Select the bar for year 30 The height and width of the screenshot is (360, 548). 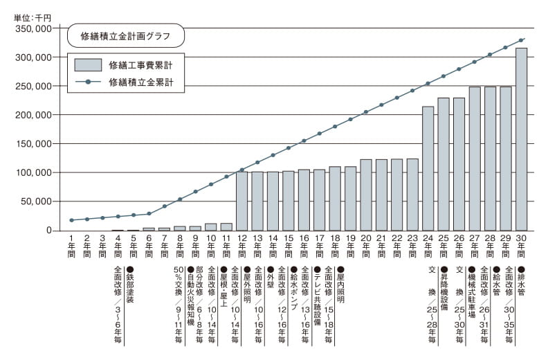tap(522, 138)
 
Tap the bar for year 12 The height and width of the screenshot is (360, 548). tap(241, 201)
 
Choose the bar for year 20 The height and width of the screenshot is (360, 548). tap(366, 195)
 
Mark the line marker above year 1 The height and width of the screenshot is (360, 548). tap(71, 220)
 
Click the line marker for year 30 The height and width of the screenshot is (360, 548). tap(522, 39)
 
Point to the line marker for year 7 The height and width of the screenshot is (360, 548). tap(164, 206)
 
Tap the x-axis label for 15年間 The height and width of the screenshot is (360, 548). tap(288, 245)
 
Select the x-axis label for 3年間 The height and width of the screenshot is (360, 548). tap(102, 245)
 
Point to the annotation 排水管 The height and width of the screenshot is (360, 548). tap(521, 280)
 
